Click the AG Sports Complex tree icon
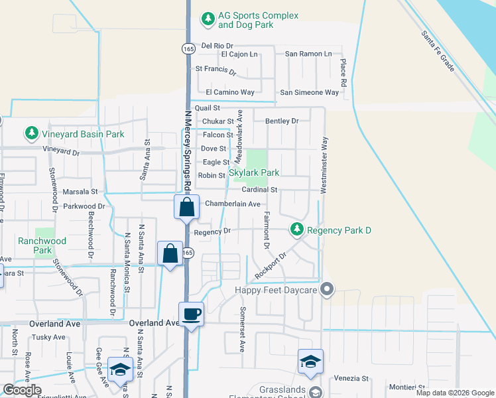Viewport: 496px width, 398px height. pyautogui.click(x=209, y=17)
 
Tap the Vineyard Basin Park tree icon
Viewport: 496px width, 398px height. pyautogui.click(x=31, y=134)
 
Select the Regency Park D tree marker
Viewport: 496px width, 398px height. pyautogui.click(x=296, y=230)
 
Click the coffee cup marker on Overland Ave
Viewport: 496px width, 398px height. pyautogui.click(x=192, y=314)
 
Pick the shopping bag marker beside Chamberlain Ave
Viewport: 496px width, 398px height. pyautogui.click(x=187, y=206)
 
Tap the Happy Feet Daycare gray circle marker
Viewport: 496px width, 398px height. pyautogui.click(x=326, y=289)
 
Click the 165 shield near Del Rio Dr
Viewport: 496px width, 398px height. pyautogui.click(x=188, y=48)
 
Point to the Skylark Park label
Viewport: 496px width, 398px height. pyautogui.click(x=254, y=172)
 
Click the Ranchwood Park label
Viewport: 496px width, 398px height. pyautogui.click(x=43, y=245)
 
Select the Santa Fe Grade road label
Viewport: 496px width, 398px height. pyautogui.click(x=438, y=50)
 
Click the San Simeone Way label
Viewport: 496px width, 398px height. pyautogui.click(x=309, y=92)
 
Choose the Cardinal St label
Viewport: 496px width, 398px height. pyautogui.click(x=259, y=190)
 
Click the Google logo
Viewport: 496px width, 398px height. pyautogui.click(x=22, y=390)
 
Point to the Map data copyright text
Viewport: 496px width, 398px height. pyautogui.click(x=454, y=393)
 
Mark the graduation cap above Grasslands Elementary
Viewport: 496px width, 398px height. pyautogui.click(x=310, y=362)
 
